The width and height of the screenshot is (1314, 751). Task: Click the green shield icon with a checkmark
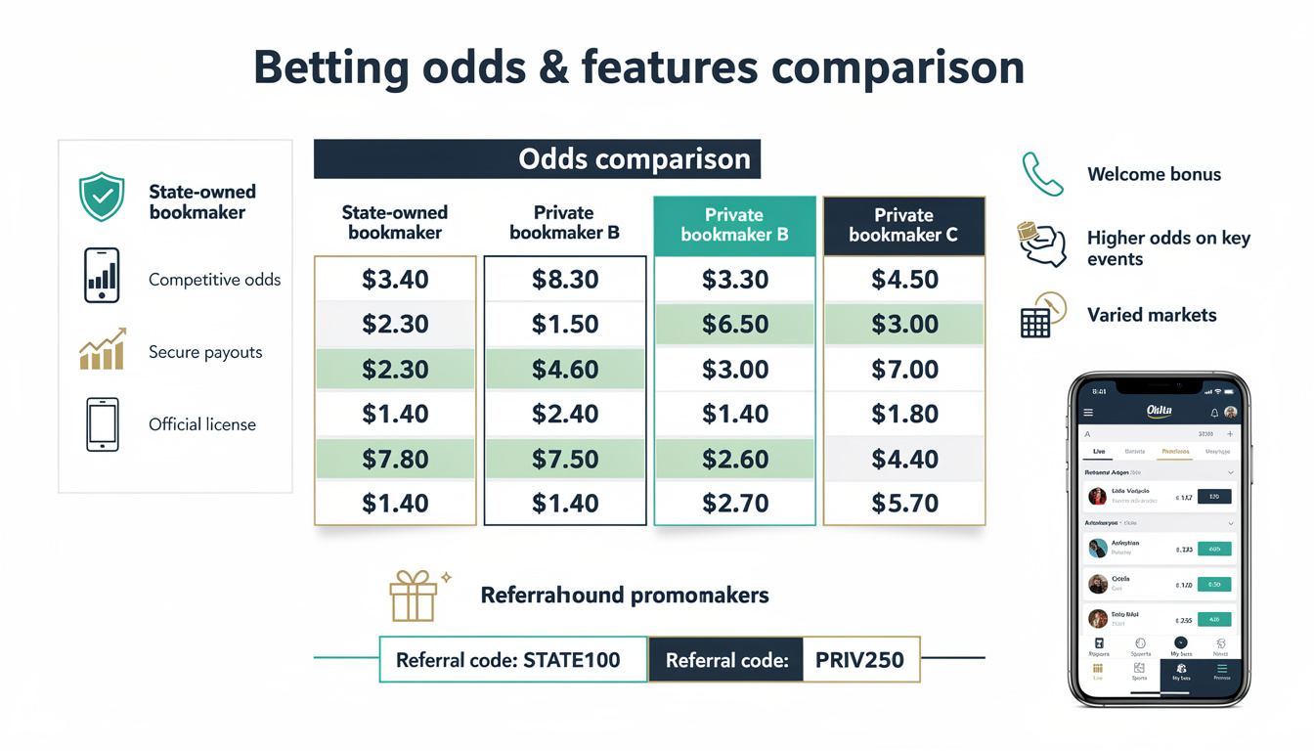pos(102,197)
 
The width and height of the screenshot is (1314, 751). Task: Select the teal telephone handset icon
pos(1042,174)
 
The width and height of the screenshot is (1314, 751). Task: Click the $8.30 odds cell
pos(565,280)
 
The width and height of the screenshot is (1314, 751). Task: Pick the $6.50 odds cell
pos(734,325)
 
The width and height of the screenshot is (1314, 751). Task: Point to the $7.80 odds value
pos(395,459)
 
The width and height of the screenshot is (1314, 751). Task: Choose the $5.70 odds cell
pos(904,504)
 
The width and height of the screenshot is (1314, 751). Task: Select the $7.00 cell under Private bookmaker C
pos(904,370)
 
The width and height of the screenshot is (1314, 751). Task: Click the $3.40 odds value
pos(395,280)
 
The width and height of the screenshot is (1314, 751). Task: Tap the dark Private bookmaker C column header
pos(903,225)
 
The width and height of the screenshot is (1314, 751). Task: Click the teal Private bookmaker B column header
pos(734,225)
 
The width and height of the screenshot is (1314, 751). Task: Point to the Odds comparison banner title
pos(635,159)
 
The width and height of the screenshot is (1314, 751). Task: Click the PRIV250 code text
pos(859,660)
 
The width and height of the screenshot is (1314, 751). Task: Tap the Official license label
pos(202,424)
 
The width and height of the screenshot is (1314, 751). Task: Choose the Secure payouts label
pos(205,352)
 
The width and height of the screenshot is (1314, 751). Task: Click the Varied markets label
pos(1152,315)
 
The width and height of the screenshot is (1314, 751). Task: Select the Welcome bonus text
pos(1154,175)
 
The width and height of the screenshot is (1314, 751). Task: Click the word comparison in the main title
pos(897,68)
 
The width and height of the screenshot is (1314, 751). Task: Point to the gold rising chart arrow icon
pos(102,349)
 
